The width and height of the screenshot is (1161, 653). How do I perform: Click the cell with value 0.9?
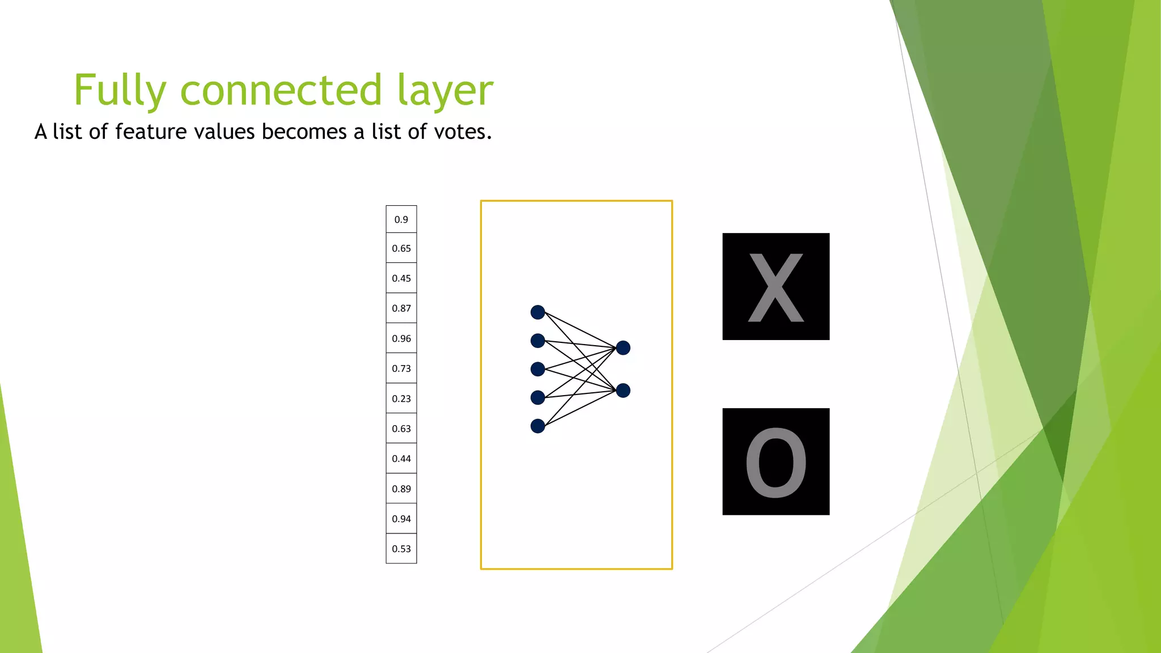[401, 219]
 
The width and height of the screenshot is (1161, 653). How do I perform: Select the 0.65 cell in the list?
[401, 248]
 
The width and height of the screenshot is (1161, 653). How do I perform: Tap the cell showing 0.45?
[401, 278]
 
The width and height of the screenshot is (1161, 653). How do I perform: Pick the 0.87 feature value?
[401, 308]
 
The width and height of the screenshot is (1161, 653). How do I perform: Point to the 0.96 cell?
[401, 338]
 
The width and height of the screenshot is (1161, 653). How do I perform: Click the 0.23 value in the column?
[401, 398]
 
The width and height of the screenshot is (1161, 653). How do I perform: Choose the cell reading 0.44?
[401, 459]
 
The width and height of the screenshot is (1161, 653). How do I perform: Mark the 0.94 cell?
[401, 519]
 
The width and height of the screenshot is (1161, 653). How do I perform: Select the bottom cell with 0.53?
[401, 549]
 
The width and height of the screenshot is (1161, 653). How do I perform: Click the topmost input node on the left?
[537, 312]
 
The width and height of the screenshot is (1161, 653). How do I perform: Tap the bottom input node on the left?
[537, 426]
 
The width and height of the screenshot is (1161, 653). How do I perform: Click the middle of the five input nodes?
[537, 369]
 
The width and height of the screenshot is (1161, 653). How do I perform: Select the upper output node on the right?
[623, 347]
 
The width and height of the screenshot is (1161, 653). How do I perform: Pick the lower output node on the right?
[623, 391]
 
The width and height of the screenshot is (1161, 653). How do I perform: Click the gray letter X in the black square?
[776, 288]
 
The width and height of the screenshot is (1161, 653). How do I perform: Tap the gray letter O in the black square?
[776, 463]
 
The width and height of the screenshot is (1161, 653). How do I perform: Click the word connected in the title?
[281, 90]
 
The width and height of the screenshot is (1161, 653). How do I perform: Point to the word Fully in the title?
[120, 91]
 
